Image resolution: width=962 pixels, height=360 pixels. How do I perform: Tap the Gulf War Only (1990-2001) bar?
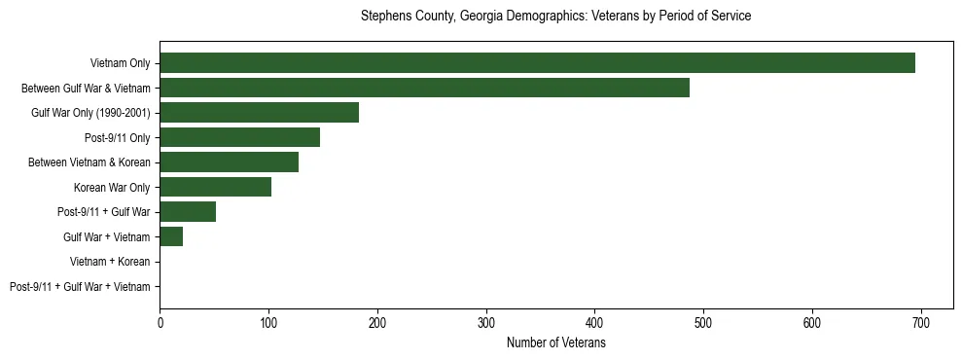259,113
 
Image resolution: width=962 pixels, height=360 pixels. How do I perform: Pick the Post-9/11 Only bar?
239,137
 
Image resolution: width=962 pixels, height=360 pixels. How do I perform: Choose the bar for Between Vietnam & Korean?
229,162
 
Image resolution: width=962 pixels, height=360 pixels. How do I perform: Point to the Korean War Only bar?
215,187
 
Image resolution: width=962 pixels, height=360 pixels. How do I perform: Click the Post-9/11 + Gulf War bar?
188,212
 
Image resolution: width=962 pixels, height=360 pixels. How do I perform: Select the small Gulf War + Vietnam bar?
171,236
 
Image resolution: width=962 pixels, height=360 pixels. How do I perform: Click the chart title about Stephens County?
555,17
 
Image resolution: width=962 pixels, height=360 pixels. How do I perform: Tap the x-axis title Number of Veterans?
555,342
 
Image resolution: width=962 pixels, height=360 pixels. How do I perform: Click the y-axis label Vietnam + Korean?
110,262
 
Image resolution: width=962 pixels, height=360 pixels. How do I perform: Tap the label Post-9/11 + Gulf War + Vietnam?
80,287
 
